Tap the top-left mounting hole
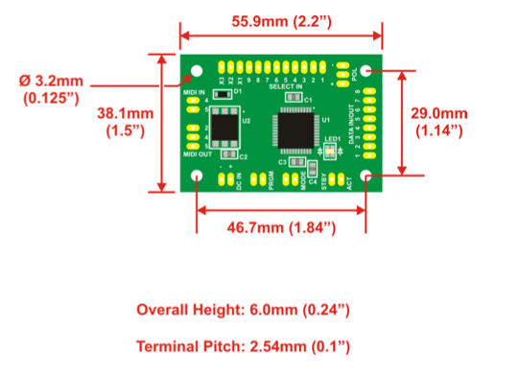coord(197,70)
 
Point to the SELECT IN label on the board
coord(285,87)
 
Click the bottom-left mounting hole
coord(197,176)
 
